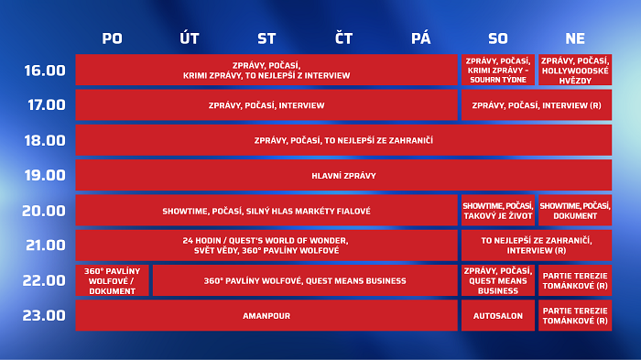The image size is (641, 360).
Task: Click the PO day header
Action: tap(112, 38)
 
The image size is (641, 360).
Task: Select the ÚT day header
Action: tap(190, 38)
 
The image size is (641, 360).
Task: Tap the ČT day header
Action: tap(343, 38)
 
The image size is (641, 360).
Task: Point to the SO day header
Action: tap(497, 38)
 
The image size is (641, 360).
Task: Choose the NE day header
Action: tap(575, 38)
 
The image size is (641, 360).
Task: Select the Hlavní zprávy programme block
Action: tap(343, 175)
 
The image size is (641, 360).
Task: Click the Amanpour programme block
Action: tap(266, 316)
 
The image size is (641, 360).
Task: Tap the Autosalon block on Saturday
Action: tap(497, 316)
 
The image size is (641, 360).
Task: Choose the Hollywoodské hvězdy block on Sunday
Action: tap(575, 70)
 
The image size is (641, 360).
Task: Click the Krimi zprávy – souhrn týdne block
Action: tap(497, 70)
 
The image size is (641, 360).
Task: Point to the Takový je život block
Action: tap(497, 211)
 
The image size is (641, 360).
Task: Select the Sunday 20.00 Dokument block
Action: tap(575, 211)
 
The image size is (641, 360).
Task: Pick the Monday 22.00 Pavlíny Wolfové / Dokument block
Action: tap(112, 280)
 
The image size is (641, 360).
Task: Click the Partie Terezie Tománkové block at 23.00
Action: tap(575, 316)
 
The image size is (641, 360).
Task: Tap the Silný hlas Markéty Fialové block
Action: tap(266, 211)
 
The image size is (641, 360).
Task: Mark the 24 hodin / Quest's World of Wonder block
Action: tap(266, 245)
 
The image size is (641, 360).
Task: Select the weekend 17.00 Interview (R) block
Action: tap(536, 105)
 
